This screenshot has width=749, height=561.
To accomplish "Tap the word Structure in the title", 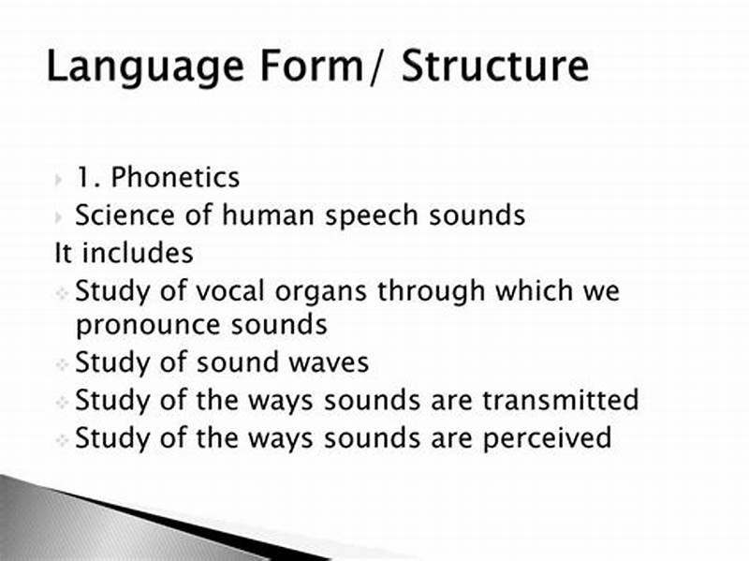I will [x=495, y=68].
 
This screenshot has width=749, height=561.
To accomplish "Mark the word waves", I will [x=324, y=362].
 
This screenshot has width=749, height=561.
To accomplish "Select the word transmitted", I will [x=560, y=400].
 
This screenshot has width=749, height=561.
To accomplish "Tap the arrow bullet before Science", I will [x=59, y=217].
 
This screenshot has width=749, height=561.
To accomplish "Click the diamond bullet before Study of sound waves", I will [x=61, y=363].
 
